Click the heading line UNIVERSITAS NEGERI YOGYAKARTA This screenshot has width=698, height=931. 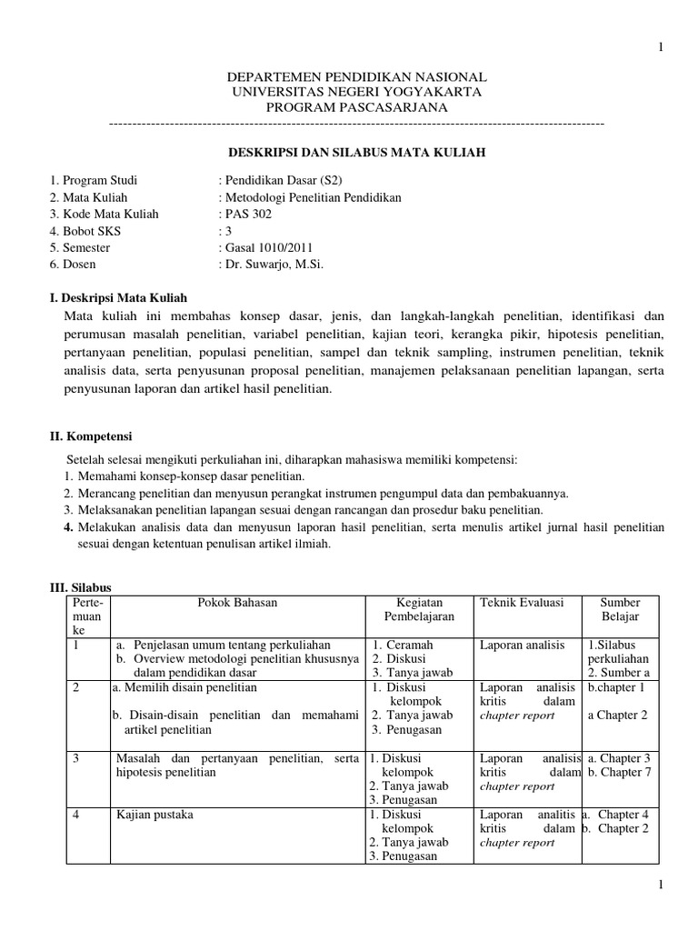pos(356,92)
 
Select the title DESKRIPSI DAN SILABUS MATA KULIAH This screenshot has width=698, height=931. pos(356,154)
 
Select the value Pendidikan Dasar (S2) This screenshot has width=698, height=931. pos(283,180)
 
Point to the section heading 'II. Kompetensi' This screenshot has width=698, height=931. pos(90,436)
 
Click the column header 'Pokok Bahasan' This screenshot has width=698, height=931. pos(237,602)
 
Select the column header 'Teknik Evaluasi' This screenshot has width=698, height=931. pos(522,602)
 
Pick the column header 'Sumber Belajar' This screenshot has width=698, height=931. pos(621,609)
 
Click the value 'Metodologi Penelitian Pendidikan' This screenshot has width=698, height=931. pos(310,196)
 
